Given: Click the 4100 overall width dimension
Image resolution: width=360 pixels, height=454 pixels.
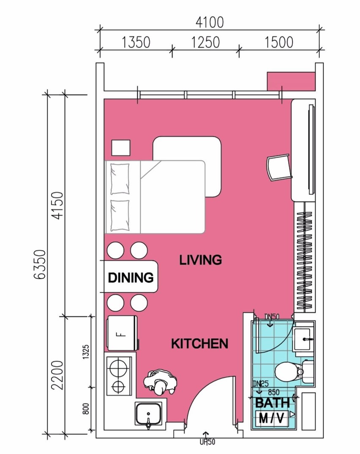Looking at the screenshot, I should (210, 22).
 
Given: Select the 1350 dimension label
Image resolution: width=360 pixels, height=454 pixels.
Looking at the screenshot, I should (136, 43).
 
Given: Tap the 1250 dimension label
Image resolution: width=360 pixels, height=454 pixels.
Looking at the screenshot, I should (206, 43).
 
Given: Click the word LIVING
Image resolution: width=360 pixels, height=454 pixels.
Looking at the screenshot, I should (201, 260).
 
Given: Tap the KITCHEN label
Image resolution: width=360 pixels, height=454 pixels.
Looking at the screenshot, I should (199, 344).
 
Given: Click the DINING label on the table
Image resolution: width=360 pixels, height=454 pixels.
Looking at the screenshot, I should (131, 277).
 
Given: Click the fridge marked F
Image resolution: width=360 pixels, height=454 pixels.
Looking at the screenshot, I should (122, 333).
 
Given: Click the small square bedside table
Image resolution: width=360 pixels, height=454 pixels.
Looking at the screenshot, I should (121, 148).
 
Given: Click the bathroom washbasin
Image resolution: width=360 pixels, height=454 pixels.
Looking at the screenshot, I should (304, 337).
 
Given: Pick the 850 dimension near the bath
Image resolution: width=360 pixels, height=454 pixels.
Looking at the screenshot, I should (274, 391).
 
